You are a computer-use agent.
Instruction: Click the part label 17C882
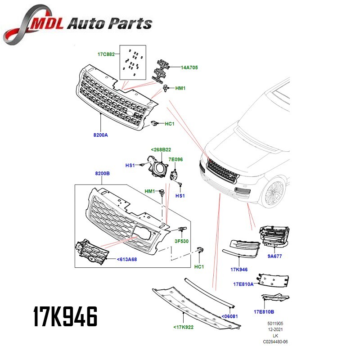click(x=106, y=54)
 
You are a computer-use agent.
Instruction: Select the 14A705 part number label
click(x=189, y=67)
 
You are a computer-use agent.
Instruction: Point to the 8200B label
click(x=102, y=173)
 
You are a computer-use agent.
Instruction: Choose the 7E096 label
click(x=175, y=159)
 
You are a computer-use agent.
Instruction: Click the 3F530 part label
click(x=181, y=241)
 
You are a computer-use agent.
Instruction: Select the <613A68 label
click(x=127, y=259)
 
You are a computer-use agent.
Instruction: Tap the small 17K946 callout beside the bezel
click(x=239, y=270)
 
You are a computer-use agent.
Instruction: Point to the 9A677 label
click(x=274, y=256)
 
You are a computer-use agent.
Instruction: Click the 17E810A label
click(x=243, y=284)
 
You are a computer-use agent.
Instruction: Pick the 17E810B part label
click(x=264, y=311)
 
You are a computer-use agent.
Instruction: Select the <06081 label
click(x=229, y=316)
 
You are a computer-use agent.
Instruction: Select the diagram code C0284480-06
click(x=275, y=342)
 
